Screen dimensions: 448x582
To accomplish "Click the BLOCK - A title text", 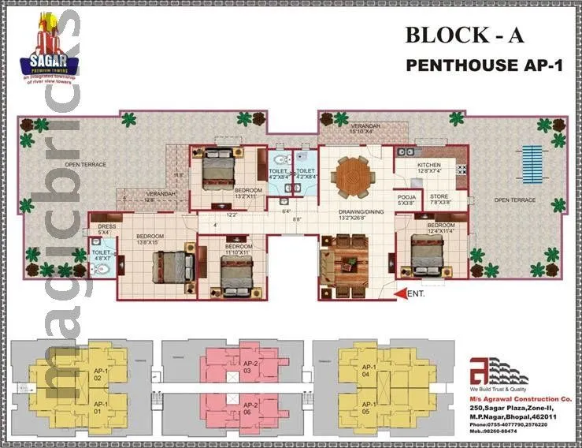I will pyautogui.click(x=464, y=35).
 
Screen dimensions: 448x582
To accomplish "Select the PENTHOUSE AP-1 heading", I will pyautogui.click(x=484, y=65).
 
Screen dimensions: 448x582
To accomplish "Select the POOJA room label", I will pyautogui.click(x=406, y=198).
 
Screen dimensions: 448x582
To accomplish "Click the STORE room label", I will pyautogui.click(x=439, y=198).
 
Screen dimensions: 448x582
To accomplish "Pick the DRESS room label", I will pyautogui.click(x=107, y=227).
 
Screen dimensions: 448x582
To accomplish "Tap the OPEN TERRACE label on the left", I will pyautogui.click(x=85, y=165).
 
